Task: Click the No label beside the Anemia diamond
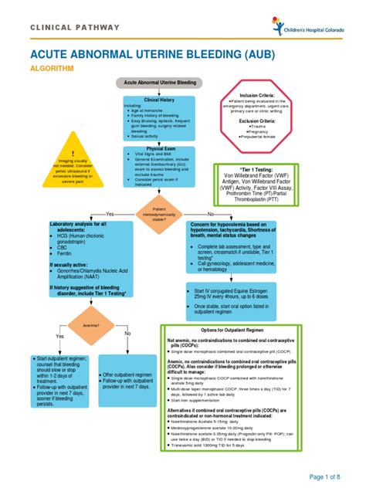127,333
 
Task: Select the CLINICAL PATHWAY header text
75,28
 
